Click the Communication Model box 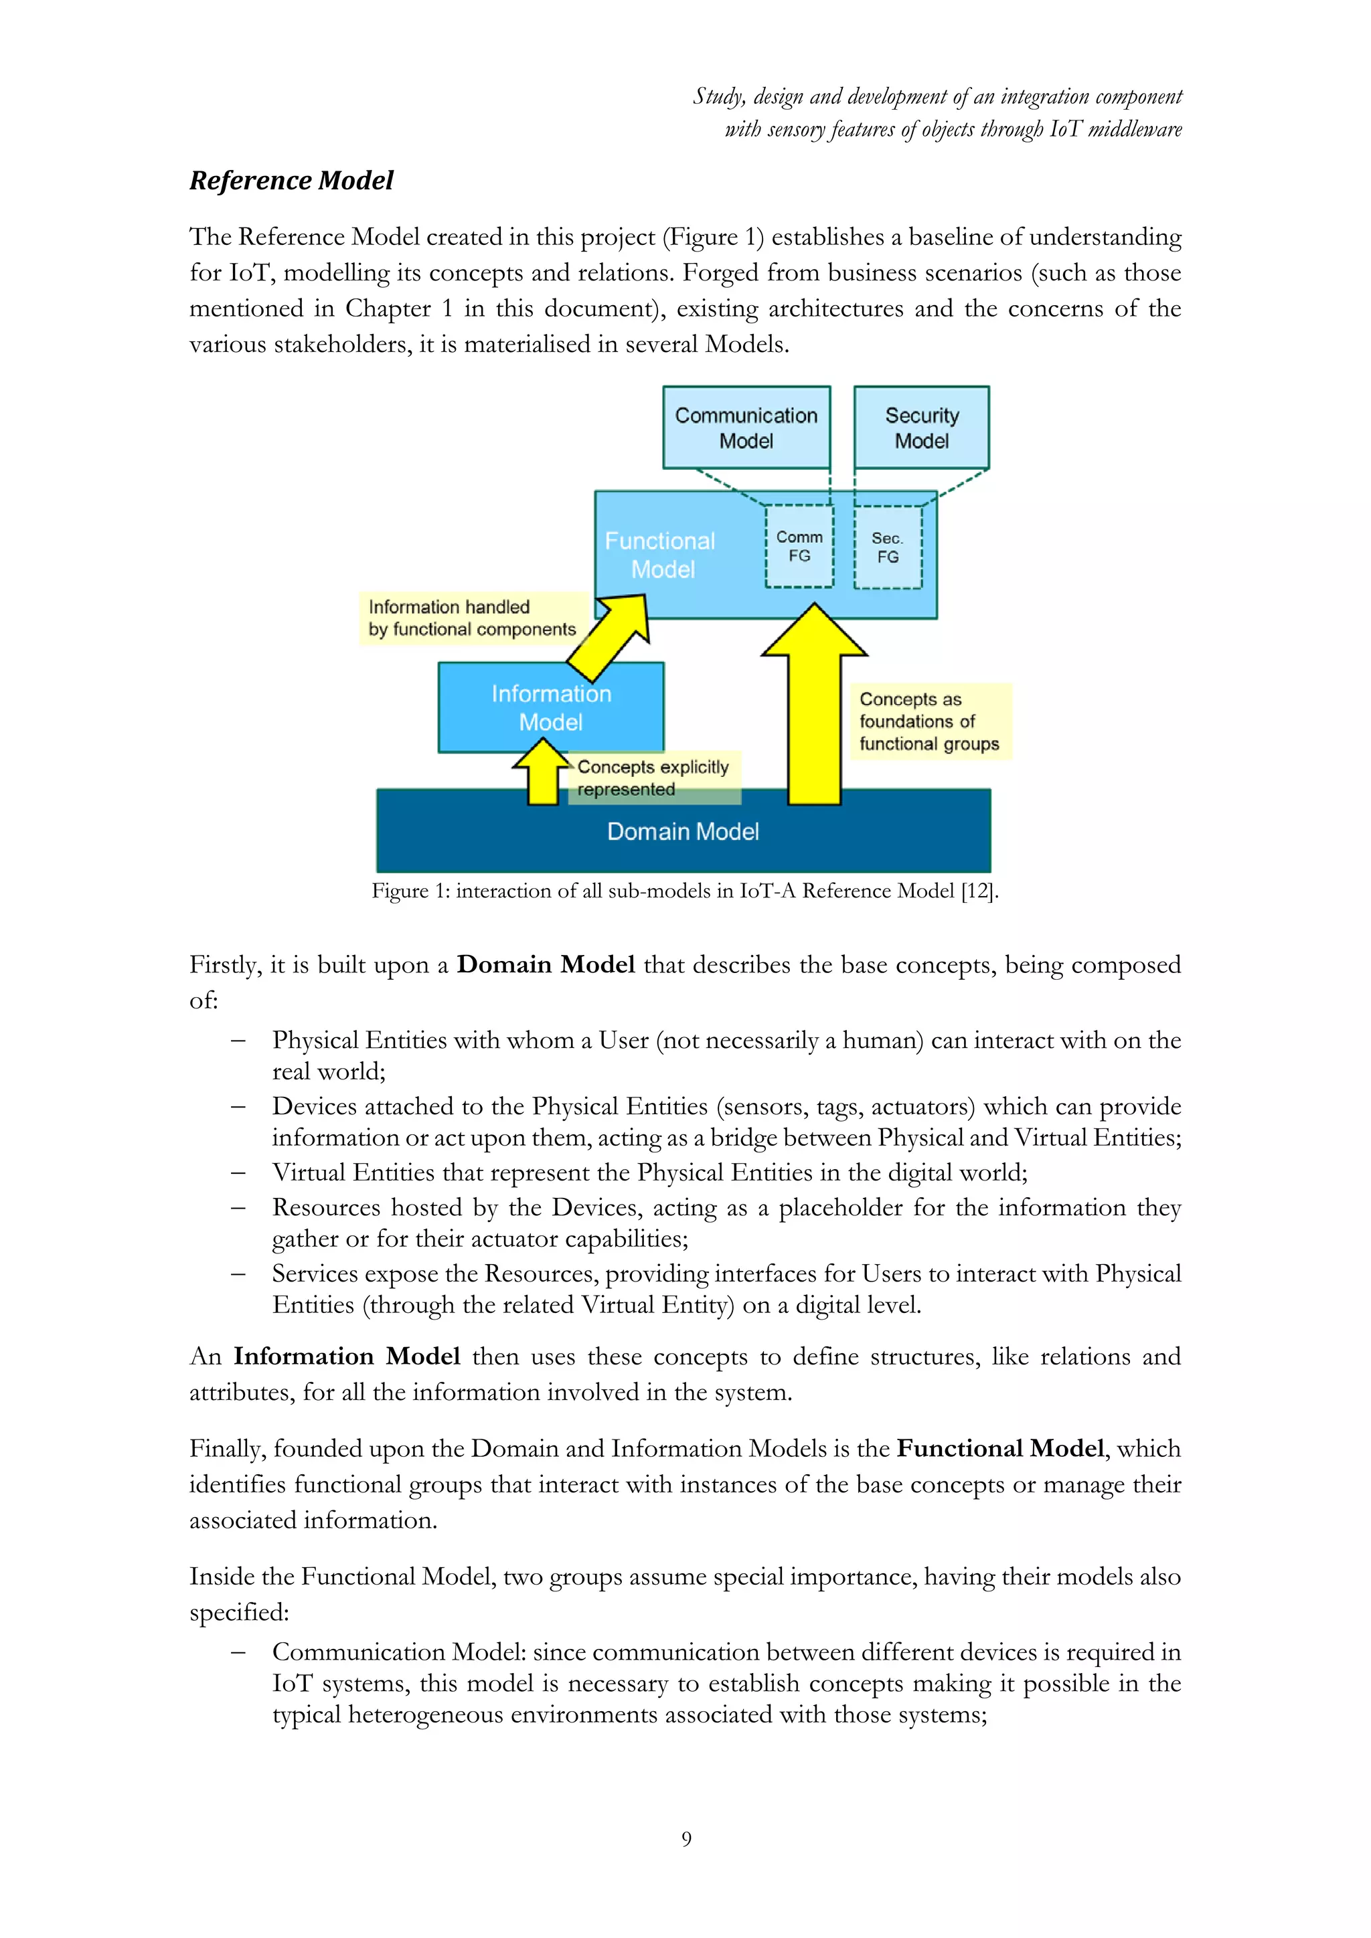coord(746,428)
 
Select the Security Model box coord(921,428)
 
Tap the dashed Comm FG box coord(799,546)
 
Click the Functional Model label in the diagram coord(661,555)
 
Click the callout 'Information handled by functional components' coord(472,618)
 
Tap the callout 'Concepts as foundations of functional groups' coord(929,721)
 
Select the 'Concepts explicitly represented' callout coord(653,778)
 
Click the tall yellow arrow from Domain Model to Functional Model coord(815,717)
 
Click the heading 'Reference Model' coord(291,181)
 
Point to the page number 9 coord(686,1838)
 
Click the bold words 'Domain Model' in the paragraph coord(546,965)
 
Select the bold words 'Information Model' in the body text coord(347,1356)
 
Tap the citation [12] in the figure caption coord(979,891)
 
